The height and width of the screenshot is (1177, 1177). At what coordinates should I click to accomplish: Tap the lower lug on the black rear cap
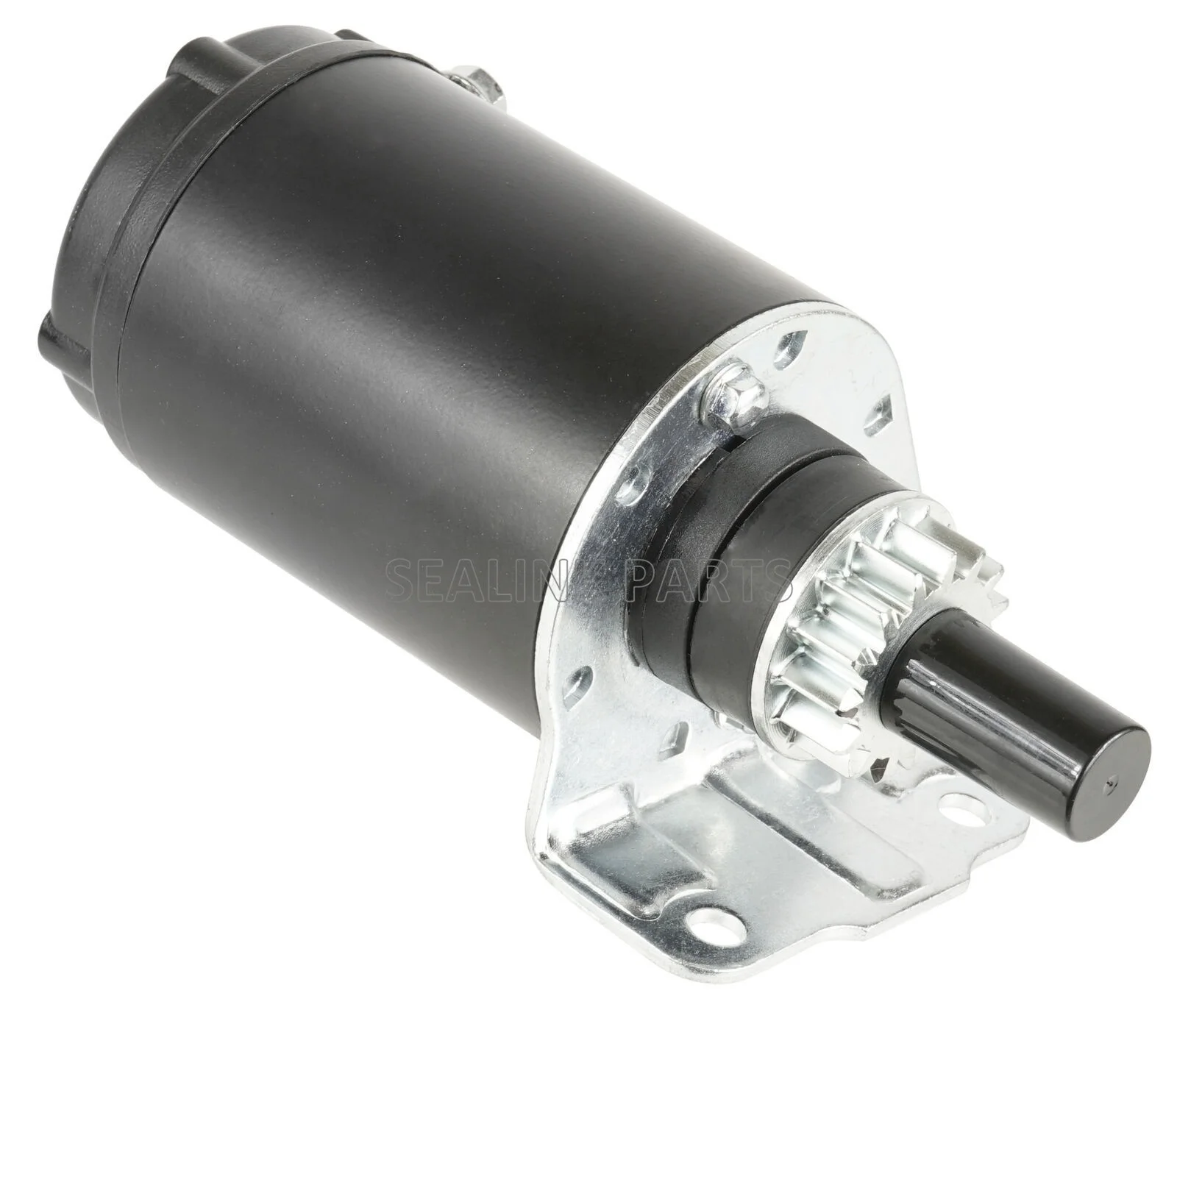[x=55, y=338]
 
